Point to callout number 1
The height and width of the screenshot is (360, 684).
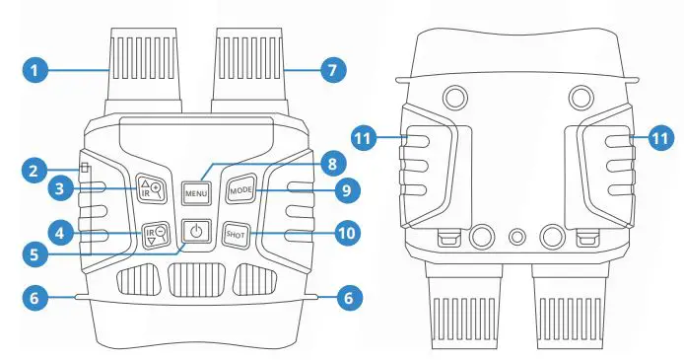click(34, 70)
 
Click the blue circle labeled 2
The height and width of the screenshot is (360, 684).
click(34, 169)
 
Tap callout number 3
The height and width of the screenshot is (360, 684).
click(34, 186)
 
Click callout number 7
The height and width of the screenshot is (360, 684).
click(332, 70)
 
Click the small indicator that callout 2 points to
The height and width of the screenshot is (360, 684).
click(86, 168)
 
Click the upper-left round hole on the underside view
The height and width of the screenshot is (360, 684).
click(455, 96)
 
